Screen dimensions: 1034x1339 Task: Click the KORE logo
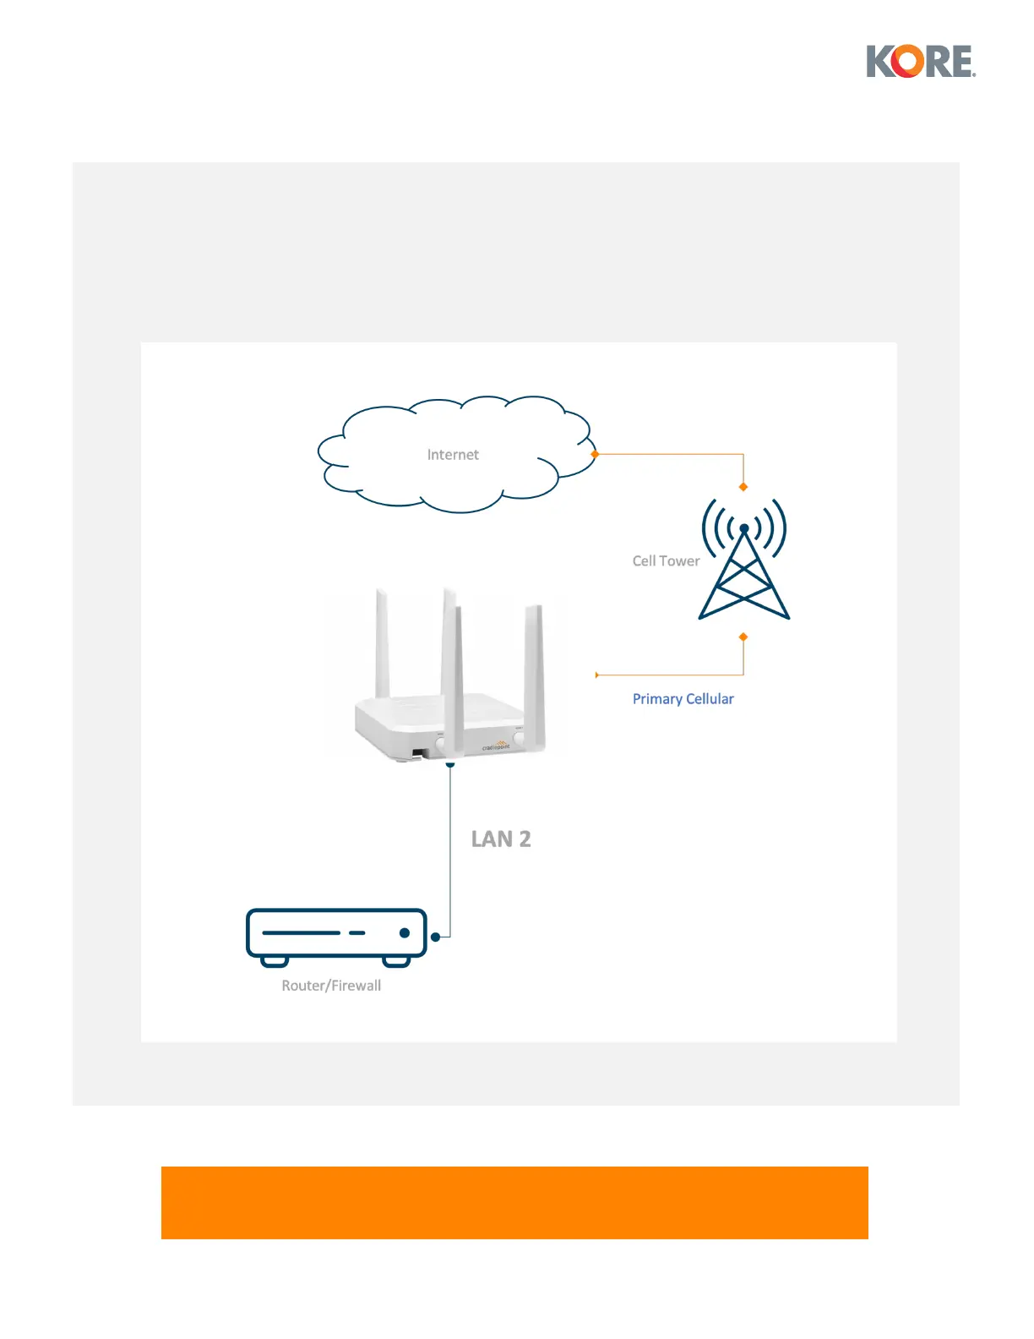(x=921, y=62)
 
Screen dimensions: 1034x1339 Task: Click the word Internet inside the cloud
(x=453, y=455)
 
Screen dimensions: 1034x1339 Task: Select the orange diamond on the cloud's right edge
(x=595, y=454)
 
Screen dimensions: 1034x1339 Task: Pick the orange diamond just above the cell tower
(x=743, y=487)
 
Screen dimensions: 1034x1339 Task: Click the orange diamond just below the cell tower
(x=743, y=637)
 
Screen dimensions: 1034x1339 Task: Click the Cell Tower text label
(x=666, y=561)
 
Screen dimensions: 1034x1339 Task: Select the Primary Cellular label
(x=683, y=699)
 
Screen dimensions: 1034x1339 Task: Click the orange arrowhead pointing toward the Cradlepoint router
(x=598, y=675)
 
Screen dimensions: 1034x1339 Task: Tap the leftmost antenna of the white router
(x=382, y=642)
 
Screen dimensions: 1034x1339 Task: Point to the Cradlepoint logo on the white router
(x=496, y=746)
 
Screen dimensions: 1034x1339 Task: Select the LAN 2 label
(x=501, y=839)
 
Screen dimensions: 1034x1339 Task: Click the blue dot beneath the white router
(x=450, y=764)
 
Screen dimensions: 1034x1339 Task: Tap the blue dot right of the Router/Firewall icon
(x=436, y=937)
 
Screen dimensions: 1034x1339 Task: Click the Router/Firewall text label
(x=331, y=986)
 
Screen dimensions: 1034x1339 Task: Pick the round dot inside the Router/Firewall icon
(x=405, y=933)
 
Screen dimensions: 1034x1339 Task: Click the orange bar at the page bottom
(x=514, y=1202)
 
